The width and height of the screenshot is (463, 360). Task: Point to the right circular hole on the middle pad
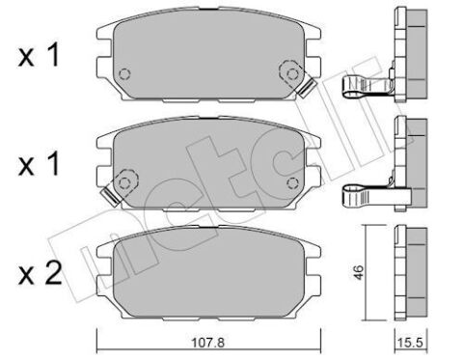pyautogui.click(x=286, y=180)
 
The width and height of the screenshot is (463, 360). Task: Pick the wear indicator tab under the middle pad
pyautogui.click(x=109, y=197)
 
